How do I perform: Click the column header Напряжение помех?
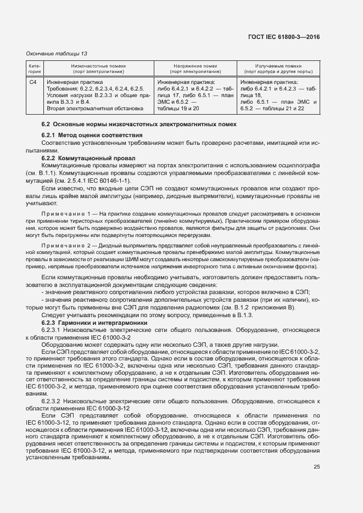195,65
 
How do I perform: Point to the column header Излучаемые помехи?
278,65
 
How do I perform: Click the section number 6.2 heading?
46,125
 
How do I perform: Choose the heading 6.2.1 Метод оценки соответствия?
92,135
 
